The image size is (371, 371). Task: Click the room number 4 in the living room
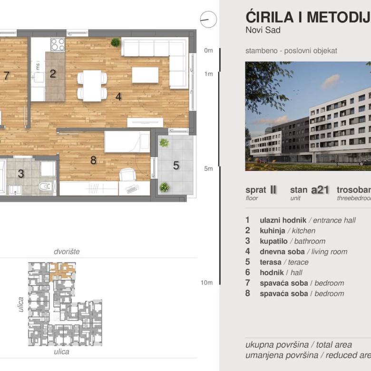pyautogui.click(x=118, y=96)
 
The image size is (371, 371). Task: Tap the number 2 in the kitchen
pyautogui.click(x=53, y=74)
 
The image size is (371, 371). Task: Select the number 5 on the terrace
pyautogui.click(x=176, y=166)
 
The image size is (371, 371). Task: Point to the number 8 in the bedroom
pyautogui.click(x=93, y=161)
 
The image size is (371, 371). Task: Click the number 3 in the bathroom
pyautogui.click(x=20, y=174)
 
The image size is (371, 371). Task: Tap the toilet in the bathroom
pyautogui.click(x=45, y=186)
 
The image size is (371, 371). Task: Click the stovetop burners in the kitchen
pyautogui.click(x=58, y=44)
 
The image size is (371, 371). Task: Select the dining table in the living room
pyautogui.click(x=92, y=86)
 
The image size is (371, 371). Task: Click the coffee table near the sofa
pyautogui.click(x=145, y=75)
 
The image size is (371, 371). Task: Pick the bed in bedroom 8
pyautogui.click(x=127, y=142)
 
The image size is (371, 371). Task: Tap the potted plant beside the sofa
pyautogui.click(x=115, y=42)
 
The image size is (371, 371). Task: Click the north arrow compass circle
pyautogui.click(x=208, y=20)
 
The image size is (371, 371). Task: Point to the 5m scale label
pyautogui.click(x=208, y=169)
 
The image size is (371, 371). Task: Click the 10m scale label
pyautogui.click(x=206, y=283)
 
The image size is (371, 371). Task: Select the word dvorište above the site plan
pyautogui.click(x=66, y=251)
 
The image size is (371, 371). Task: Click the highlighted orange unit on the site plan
pyautogui.click(x=61, y=270)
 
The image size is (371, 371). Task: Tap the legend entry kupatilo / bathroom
pyautogui.click(x=292, y=241)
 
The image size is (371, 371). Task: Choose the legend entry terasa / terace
pyautogui.click(x=284, y=262)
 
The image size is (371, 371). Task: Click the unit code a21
pyautogui.click(x=320, y=190)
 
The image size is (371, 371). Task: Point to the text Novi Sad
pyautogui.click(x=263, y=30)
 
